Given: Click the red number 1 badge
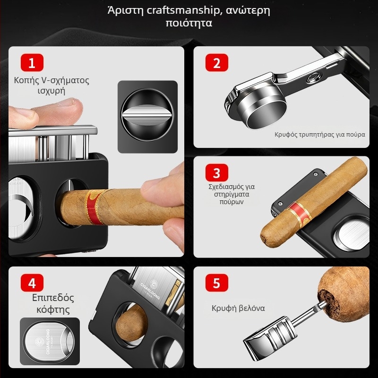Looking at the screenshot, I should tap(32, 62).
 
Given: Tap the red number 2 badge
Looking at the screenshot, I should tap(217, 62).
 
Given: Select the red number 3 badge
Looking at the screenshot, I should tap(217, 173).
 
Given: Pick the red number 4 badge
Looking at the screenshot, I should tap(32, 283).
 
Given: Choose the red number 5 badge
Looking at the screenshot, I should tap(217, 283).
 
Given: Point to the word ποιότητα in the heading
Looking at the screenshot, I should tap(189, 23).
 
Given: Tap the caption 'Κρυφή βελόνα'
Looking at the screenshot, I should tap(238, 309).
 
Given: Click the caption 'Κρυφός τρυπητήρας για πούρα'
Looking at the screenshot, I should tap(320, 134).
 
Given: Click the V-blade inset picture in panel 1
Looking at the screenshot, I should tap(147, 116).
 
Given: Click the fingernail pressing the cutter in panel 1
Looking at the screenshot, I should tap(71, 101).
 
